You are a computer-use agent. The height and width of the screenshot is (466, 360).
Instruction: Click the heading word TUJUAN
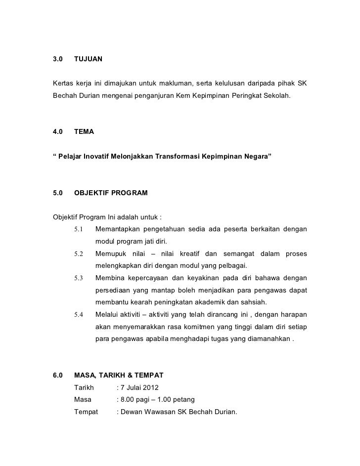pyautogui.click(x=88, y=60)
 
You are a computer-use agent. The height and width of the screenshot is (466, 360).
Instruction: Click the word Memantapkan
pyautogui.click(x=117, y=229)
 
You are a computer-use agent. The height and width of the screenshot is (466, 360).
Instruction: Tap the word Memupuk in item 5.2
pyautogui.click(x=110, y=254)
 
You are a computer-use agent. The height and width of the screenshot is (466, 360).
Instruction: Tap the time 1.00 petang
pyautogui.click(x=177, y=399)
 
